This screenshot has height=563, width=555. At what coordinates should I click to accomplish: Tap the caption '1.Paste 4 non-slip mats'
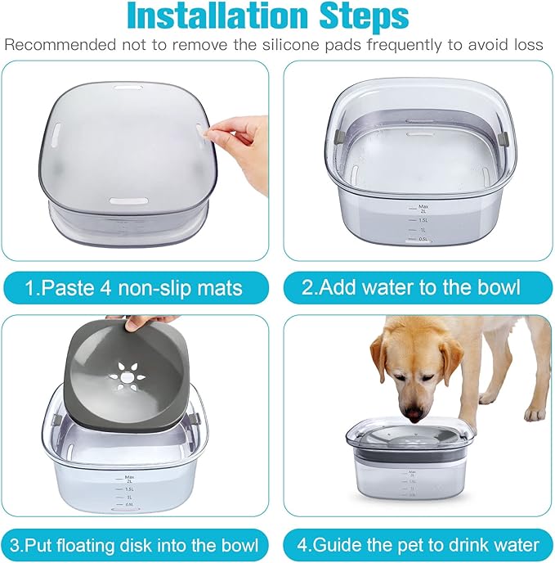135,287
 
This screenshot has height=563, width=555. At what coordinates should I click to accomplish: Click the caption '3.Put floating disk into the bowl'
135,544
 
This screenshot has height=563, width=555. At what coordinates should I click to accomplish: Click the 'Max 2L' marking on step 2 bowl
423,209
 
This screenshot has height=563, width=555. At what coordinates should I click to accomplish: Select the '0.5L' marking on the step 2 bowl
422,238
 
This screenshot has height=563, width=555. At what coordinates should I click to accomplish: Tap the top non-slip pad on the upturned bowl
128,86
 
